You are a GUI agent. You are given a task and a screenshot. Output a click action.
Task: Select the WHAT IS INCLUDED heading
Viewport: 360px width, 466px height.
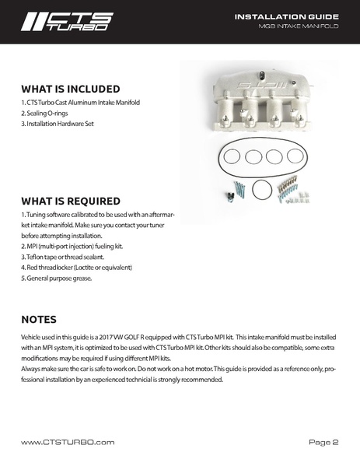coord(71,89)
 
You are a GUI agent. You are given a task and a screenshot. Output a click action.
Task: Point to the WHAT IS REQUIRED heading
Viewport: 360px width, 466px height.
coord(71,201)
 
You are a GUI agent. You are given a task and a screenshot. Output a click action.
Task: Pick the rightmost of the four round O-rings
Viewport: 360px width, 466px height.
coord(295,156)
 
